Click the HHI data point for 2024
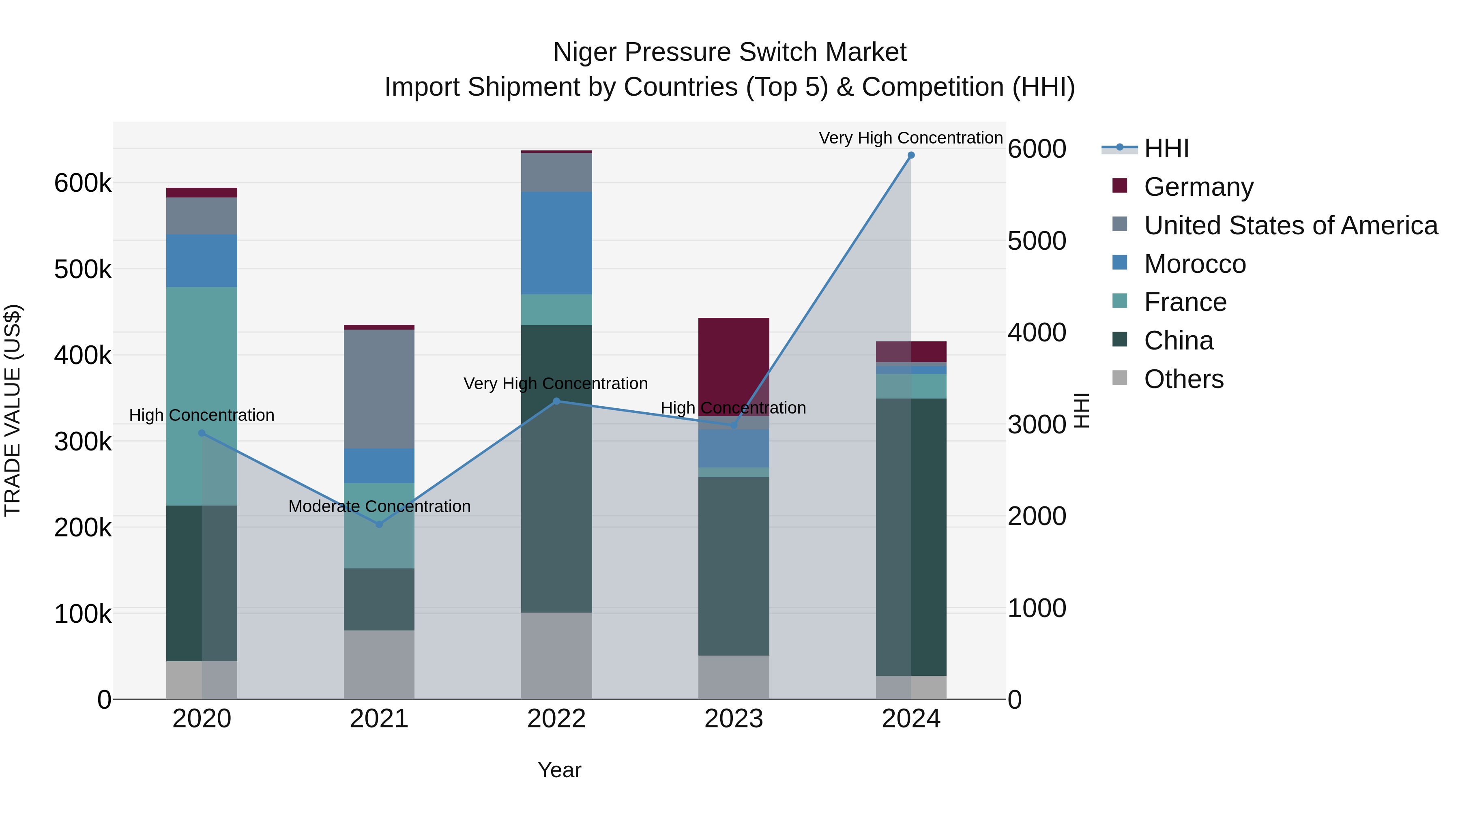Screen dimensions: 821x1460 tap(911, 155)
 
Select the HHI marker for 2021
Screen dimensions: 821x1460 tap(379, 524)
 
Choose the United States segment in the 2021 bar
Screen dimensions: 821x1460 tap(379, 389)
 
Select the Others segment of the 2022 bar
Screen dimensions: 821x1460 tap(556, 656)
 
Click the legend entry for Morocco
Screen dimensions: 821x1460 tap(1194, 264)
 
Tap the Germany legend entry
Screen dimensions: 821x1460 tap(1198, 187)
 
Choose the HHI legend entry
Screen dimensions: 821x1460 tap(1166, 148)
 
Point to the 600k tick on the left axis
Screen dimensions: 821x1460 tap(83, 184)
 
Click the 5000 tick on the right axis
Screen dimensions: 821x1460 tap(1037, 241)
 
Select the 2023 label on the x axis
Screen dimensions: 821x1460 tap(733, 719)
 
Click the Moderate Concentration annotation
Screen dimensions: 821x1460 tap(379, 506)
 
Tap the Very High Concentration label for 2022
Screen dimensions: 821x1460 tap(556, 384)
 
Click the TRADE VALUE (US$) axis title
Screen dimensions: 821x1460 tap(13, 410)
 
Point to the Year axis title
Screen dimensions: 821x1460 tap(559, 770)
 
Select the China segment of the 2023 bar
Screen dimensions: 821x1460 tap(733, 567)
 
